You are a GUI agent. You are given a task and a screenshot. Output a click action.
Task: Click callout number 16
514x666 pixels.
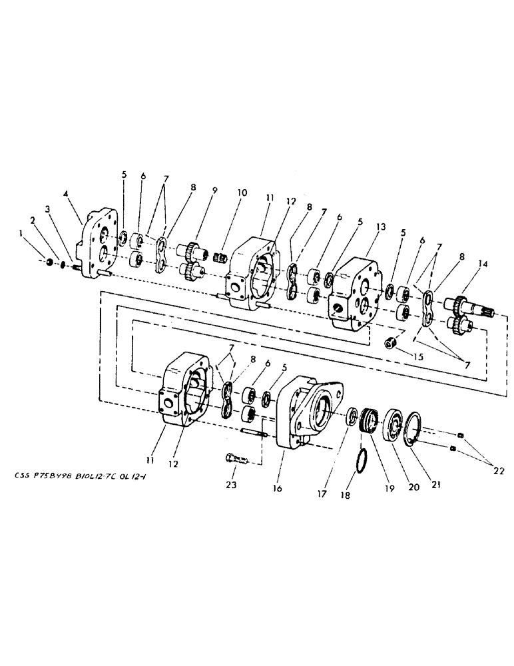278,489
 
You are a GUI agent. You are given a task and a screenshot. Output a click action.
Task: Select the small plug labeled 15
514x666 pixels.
391,344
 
